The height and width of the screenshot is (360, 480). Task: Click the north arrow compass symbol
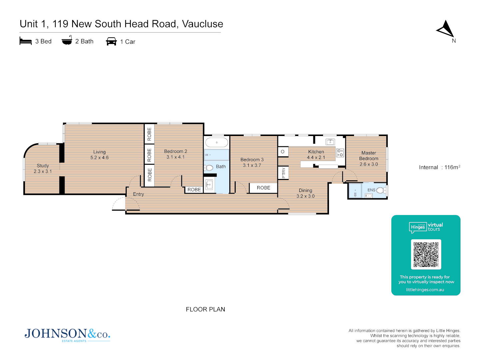446,29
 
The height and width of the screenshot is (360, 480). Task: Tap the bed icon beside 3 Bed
26,41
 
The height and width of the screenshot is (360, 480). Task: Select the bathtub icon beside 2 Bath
67,41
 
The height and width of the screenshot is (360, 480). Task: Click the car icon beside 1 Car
111,41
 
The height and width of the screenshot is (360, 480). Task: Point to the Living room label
99,152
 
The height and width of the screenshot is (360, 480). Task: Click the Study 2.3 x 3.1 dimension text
43,171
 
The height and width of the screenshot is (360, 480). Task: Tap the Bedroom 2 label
175,151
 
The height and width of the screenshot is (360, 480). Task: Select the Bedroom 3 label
252,160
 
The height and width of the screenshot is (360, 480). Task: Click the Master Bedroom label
369,156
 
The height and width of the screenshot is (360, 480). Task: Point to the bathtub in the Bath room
217,143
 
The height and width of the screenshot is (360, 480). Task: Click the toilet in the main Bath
209,168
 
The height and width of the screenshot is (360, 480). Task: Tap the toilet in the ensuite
381,190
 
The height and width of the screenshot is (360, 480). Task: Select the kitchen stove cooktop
340,153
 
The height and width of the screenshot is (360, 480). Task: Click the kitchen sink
330,142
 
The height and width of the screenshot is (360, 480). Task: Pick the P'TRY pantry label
283,173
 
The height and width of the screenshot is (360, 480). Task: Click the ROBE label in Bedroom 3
263,188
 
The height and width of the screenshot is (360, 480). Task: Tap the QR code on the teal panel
426,254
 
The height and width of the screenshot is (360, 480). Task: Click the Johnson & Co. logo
67,334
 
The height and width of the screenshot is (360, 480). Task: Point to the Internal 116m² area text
439,167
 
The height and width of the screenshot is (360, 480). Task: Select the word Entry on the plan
138,194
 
